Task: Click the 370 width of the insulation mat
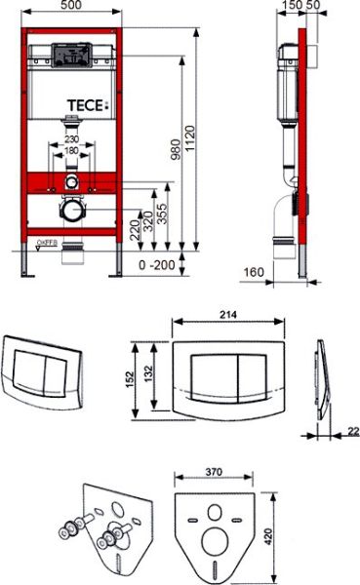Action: click(214, 471)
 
